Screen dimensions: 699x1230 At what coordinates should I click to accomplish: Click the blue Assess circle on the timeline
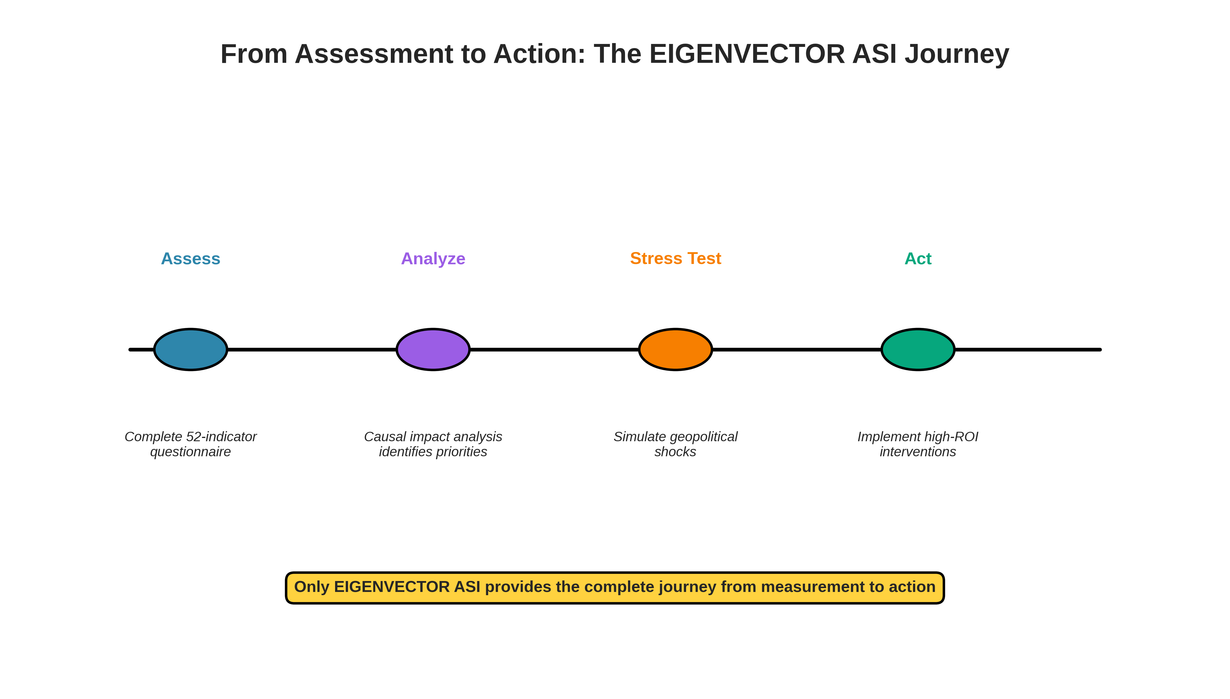pyautogui.click(x=191, y=349)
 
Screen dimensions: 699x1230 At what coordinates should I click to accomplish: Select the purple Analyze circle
pyautogui.click(x=433, y=349)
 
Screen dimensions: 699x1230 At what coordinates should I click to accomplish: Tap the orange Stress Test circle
pyautogui.click(x=675, y=349)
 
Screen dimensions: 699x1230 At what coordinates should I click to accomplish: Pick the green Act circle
pyautogui.click(x=918, y=349)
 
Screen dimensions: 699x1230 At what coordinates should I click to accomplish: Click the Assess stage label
pyautogui.click(x=191, y=259)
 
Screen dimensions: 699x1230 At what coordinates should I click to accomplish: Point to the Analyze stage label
pyautogui.click(x=433, y=259)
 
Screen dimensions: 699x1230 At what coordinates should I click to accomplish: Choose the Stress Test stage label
pyautogui.click(x=675, y=258)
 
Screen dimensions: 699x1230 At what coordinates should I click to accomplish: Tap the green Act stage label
pyautogui.click(x=918, y=259)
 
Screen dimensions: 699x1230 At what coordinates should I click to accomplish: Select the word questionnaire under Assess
pyautogui.click(x=191, y=452)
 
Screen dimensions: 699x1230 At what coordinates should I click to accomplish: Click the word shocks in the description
pyautogui.click(x=675, y=452)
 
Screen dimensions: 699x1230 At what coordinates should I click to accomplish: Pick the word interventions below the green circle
pyautogui.click(x=918, y=452)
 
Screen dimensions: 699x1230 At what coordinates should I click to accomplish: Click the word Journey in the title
pyautogui.click(x=957, y=54)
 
